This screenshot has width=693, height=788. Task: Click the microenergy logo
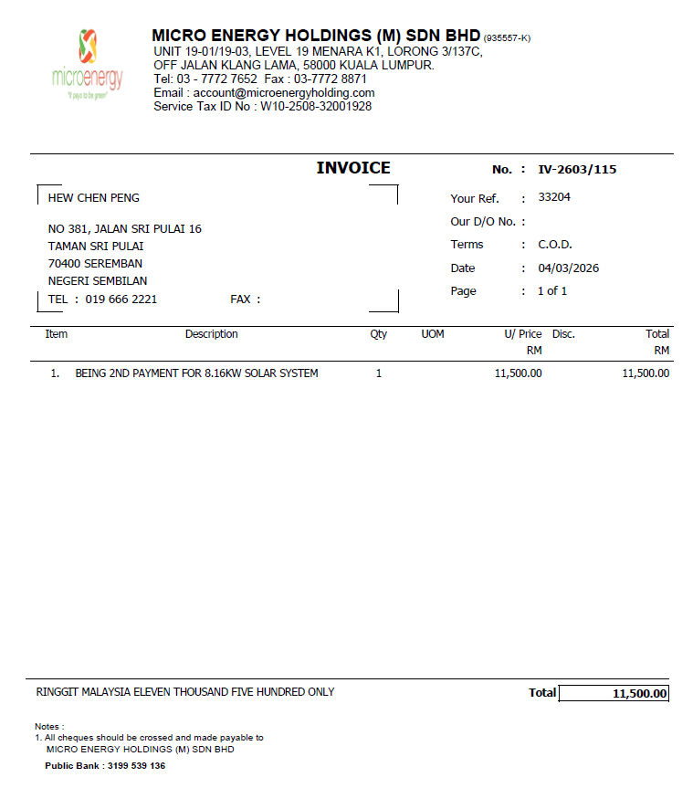(88, 64)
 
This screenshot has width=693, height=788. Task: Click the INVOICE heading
(353, 168)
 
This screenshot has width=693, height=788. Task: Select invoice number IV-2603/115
(578, 170)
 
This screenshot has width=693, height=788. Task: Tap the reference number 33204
(554, 197)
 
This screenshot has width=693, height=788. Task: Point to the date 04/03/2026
(569, 268)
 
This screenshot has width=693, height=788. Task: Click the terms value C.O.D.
(555, 245)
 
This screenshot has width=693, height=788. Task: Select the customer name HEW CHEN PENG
(94, 198)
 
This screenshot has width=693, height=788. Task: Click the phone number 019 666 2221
(121, 299)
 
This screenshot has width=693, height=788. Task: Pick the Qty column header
(378, 334)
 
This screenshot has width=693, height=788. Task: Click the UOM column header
(433, 334)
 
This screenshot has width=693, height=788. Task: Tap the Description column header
(211, 334)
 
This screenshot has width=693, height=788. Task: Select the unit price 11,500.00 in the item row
(518, 373)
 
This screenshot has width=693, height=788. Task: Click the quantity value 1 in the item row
(379, 373)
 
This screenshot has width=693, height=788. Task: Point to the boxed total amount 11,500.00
(640, 694)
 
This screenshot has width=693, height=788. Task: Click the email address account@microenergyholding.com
(284, 93)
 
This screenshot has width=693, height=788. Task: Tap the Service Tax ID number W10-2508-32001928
(316, 106)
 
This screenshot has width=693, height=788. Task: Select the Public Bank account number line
(105, 766)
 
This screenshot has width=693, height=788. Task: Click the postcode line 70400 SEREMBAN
(95, 264)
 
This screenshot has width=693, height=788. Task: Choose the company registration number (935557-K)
(507, 38)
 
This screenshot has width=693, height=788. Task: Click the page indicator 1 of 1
(552, 291)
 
